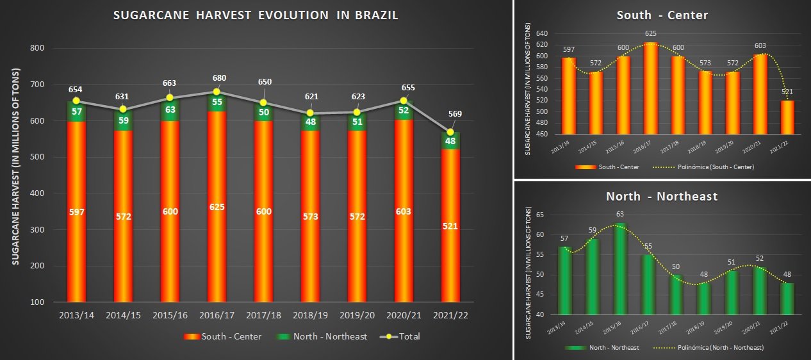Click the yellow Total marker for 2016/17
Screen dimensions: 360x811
[217, 92]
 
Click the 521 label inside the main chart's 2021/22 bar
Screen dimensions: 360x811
[450, 226]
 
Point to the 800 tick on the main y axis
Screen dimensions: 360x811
[37, 48]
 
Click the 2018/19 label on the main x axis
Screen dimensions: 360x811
[310, 315]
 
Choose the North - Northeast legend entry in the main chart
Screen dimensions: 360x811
[323, 336]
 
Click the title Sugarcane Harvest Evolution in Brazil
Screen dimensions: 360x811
[255, 15]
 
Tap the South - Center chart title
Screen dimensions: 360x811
[662, 15]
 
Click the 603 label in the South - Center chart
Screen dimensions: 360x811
[760, 45]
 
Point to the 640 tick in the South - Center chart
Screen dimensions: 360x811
[543, 33]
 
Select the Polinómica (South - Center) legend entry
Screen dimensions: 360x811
[705, 167]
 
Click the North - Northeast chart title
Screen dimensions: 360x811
[662, 197]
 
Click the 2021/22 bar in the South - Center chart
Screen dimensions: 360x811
[787, 117]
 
